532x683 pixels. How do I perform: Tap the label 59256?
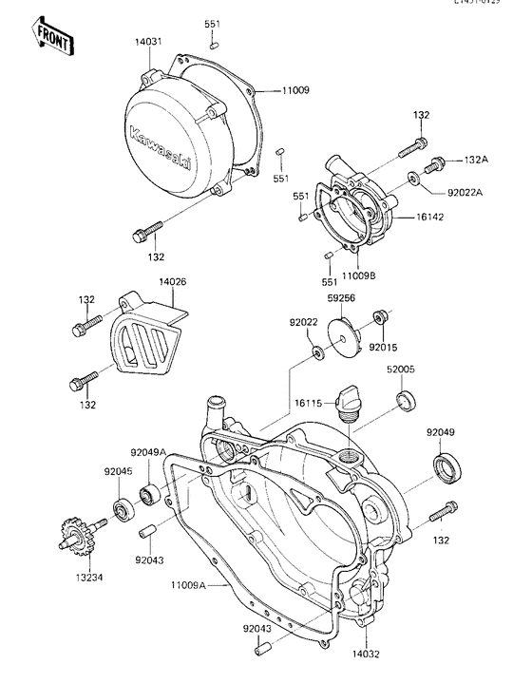pyautogui.click(x=342, y=296)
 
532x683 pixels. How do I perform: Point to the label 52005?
pyautogui.click(x=400, y=368)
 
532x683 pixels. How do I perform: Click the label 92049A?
pyautogui.click(x=148, y=453)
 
